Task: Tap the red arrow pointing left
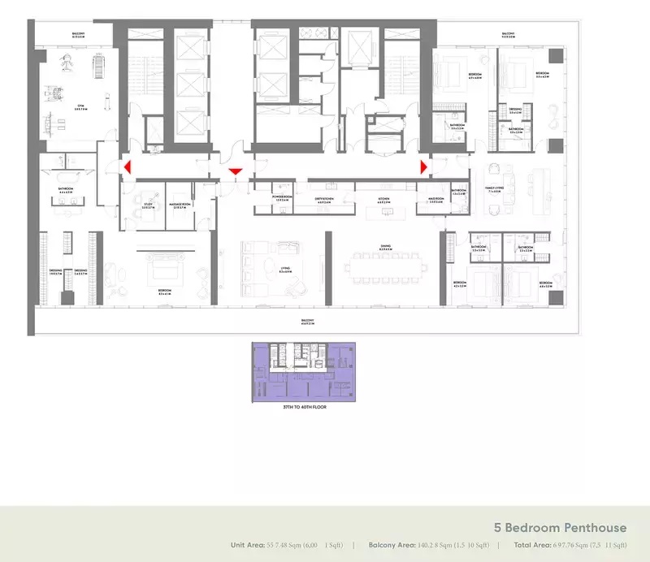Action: click(126, 166)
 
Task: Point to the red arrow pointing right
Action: click(423, 166)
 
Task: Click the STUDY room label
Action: click(148, 205)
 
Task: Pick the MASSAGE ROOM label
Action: click(180, 205)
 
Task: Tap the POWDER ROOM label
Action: click(282, 197)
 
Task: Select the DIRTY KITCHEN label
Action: click(324, 197)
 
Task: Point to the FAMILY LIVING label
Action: click(494, 188)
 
